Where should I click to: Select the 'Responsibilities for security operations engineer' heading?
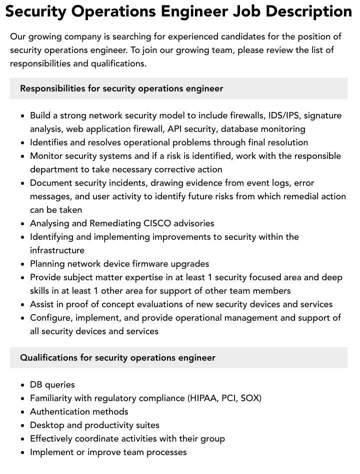pyautogui.click(x=121, y=88)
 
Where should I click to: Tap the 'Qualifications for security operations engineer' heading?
pyautogui.click(x=117, y=358)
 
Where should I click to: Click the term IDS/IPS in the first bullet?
pyautogui.click(x=283, y=115)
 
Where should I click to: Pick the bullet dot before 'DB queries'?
pyautogui.click(x=23, y=385)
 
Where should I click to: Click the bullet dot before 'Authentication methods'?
pyautogui.click(x=23, y=412)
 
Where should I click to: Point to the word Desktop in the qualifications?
pyautogui.click(x=47, y=425)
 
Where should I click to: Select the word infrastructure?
pyautogui.click(x=57, y=250)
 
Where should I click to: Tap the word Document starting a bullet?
pyautogui.click(x=50, y=183)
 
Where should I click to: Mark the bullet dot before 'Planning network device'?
pyautogui.click(x=23, y=264)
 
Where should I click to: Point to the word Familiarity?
pyautogui.click(x=51, y=398)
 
